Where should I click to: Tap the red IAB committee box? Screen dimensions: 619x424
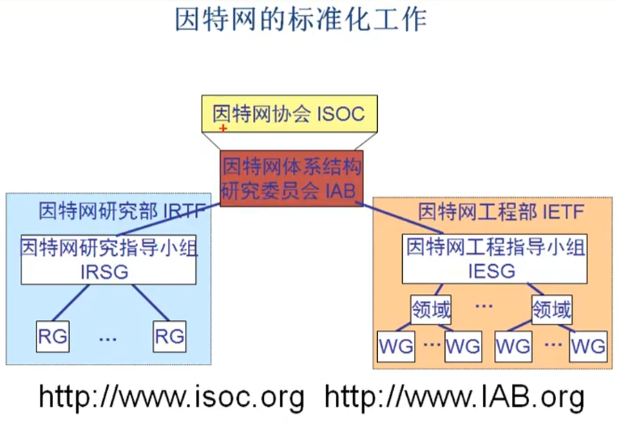[x=291, y=178]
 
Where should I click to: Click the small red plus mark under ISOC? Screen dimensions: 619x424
[x=223, y=128]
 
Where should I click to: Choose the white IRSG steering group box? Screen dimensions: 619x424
[x=108, y=259]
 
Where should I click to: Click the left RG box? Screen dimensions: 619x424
[x=53, y=337]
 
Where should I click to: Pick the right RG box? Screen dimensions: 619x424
[x=169, y=337]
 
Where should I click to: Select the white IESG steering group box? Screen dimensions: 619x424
[x=495, y=259]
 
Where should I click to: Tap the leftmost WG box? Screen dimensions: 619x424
[x=395, y=346]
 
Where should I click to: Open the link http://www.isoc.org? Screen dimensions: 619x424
[x=171, y=397]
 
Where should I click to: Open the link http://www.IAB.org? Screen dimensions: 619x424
[x=455, y=397]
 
